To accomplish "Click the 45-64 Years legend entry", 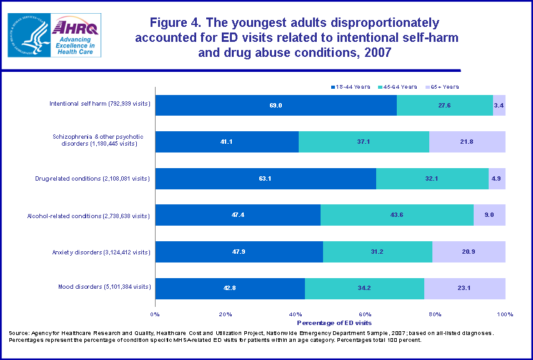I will tap(401, 86).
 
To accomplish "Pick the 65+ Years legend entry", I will tap(446, 86).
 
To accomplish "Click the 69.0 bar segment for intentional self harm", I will tap(276, 106).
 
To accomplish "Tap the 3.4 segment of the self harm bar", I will tap(499, 106).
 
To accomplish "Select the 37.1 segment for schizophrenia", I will tap(364, 142).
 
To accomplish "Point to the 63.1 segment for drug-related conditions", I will tap(266, 179).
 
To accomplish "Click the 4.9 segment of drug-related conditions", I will tap(497, 179).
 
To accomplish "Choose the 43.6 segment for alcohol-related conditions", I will tap(397, 215).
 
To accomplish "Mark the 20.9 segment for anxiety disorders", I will tap(469, 252).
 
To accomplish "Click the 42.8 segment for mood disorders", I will tap(230, 288).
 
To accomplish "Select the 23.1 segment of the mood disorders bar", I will tap(465, 288).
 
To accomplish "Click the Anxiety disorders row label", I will tap(102, 252).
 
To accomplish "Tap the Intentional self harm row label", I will tap(100, 103).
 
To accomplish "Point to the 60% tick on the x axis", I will tap(366, 314).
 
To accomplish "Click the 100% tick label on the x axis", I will tap(505, 314).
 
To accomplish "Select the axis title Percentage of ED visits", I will tap(330, 322).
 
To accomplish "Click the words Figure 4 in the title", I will tap(179, 24).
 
